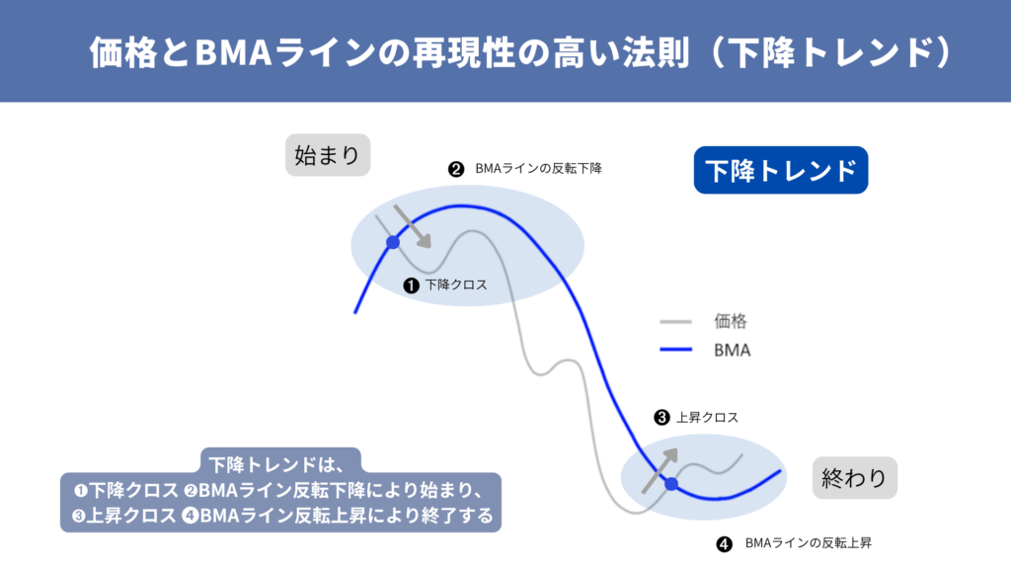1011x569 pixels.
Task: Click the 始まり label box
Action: pos(328,155)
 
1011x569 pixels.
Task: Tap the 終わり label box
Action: pos(854,477)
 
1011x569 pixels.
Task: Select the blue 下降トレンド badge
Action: pos(780,170)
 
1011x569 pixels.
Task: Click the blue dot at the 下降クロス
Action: pos(393,242)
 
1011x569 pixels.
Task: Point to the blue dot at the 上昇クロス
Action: pos(671,484)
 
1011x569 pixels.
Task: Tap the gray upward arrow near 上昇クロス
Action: pos(661,467)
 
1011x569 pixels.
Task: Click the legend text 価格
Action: pos(731,321)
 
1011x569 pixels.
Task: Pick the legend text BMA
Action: pos(732,349)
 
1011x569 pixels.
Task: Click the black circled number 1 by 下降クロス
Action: pos(412,284)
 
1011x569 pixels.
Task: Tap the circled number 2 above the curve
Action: pos(455,169)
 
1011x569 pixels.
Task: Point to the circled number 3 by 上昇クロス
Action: pos(661,418)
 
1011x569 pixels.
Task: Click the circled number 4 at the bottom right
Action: pos(724,543)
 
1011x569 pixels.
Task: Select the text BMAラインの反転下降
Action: pos(538,169)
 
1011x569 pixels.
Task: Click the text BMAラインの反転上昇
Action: pos(808,543)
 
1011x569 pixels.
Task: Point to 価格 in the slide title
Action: pos(117,51)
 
